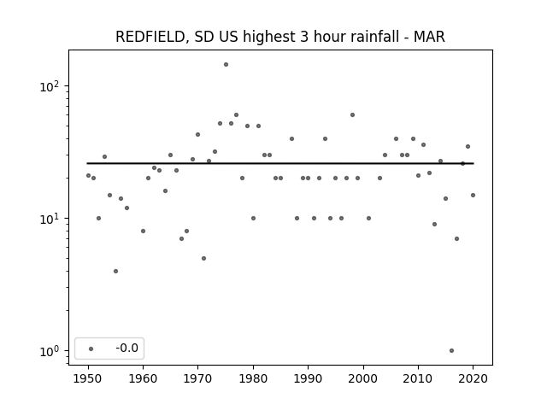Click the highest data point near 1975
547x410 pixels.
[x=226, y=65]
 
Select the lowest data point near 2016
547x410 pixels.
[x=452, y=351]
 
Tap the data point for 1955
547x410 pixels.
[x=116, y=272]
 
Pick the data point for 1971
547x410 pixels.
[x=203, y=258]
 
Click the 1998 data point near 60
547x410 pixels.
[x=352, y=115]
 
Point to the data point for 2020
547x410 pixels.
[x=473, y=196]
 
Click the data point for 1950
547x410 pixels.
[x=88, y=176]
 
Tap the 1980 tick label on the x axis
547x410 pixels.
[x=253, y=378]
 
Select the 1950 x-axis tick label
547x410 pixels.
[x=88, y=378]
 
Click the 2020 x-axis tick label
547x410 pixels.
[x=473, y=378]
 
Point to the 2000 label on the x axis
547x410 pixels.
[x=363, y=378]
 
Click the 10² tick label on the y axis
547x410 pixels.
[x=50, y=85]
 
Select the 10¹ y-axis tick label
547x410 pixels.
[x=50, y=219]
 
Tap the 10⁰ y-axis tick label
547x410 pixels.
[x=50, y=351]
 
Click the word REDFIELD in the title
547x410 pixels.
[x=150, y=37]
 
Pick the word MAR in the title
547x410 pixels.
[x=429, y=37]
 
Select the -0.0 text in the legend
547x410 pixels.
[x=127, y=348]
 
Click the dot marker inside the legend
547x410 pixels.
[x=91, y=348]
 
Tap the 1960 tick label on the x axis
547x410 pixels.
[x=143, y=378]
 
